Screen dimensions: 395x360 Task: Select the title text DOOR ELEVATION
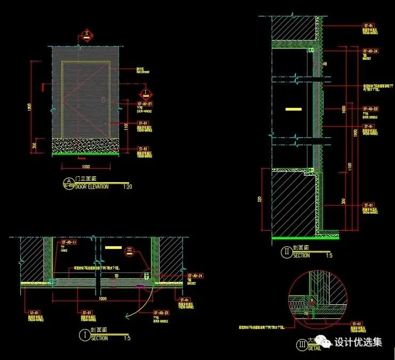click(x=92, y=186)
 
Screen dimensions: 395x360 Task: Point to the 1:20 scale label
click(x=127, y=186)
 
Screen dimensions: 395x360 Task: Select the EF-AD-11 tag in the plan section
click(x=70, y=242)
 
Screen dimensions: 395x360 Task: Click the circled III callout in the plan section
click(x=129, y=249)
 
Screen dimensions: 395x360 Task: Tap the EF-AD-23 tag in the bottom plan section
click(x=161, y=312)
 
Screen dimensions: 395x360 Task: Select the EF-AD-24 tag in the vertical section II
click(x=371, y=51)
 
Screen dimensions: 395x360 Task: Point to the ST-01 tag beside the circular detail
click(x=354, y=323)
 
